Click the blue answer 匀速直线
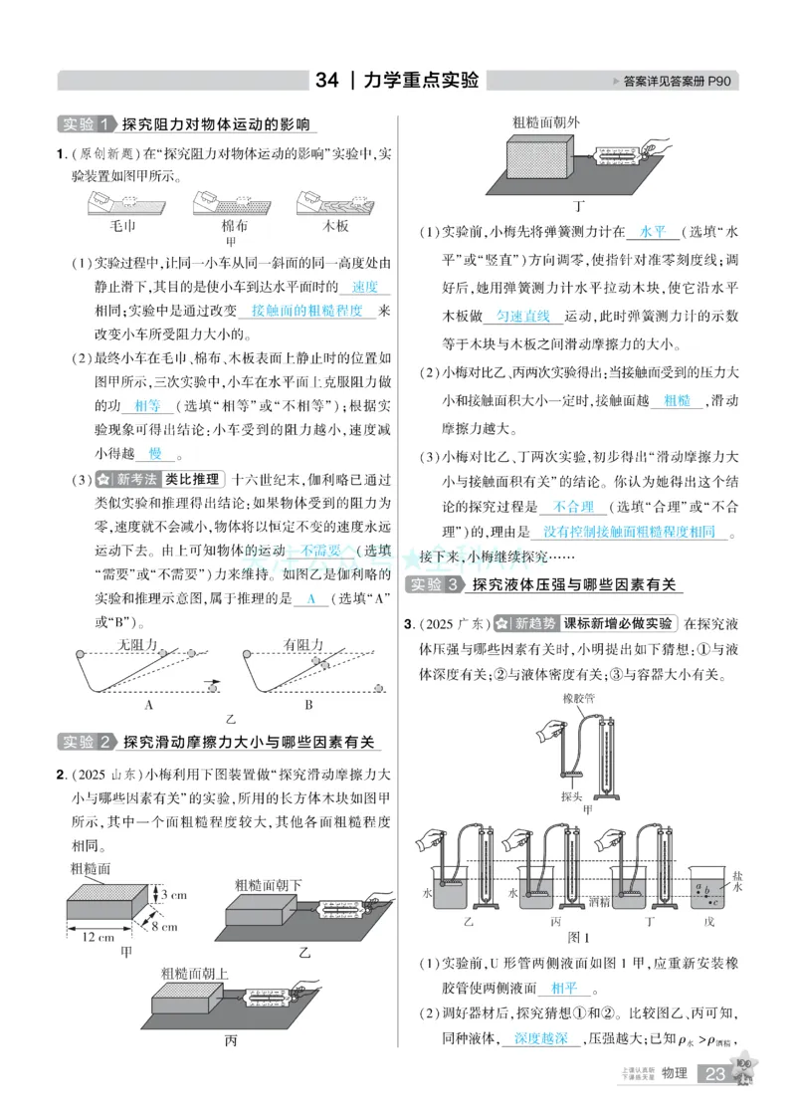pyautogui.click(x=523, y=316)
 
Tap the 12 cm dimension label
pyautogui.click(x=98, y=938)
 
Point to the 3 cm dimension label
pyautogui.click(x=173, y=894)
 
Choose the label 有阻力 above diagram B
pyautogui.click(x=303, y=644)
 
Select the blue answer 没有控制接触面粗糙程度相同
pyautogui.click(x=629, y=532)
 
